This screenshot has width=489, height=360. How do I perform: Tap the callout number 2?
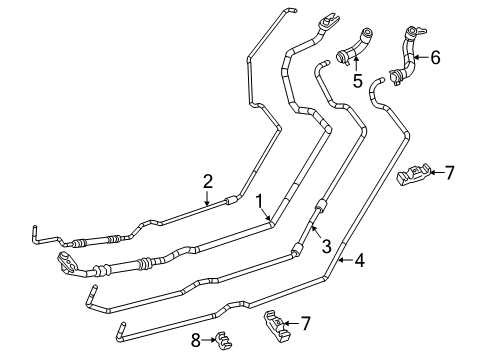208,181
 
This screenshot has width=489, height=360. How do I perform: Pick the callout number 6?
434,58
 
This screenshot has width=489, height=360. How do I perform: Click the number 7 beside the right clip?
449,172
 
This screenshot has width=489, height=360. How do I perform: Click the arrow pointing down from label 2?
208,198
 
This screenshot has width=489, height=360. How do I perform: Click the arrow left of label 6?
420,58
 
